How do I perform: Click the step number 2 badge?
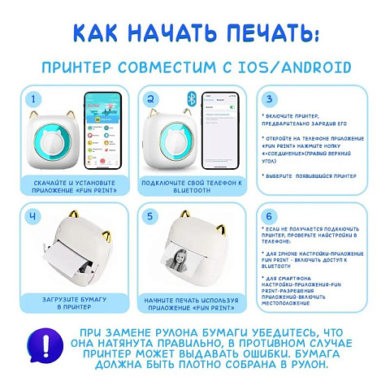[150, 100]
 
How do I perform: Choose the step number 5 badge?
[150, 217]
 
